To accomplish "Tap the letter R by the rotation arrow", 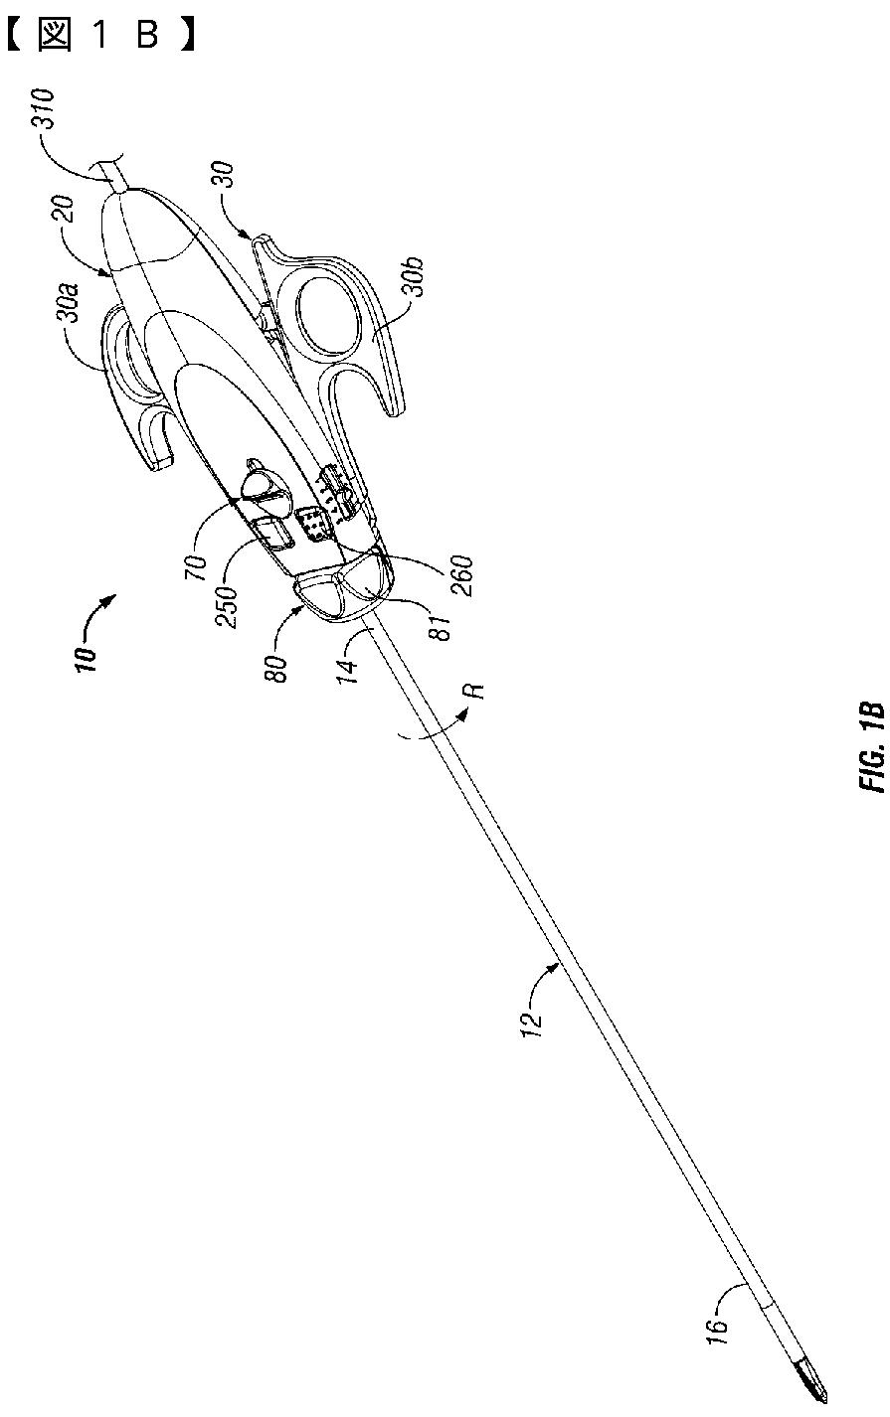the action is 478,691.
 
